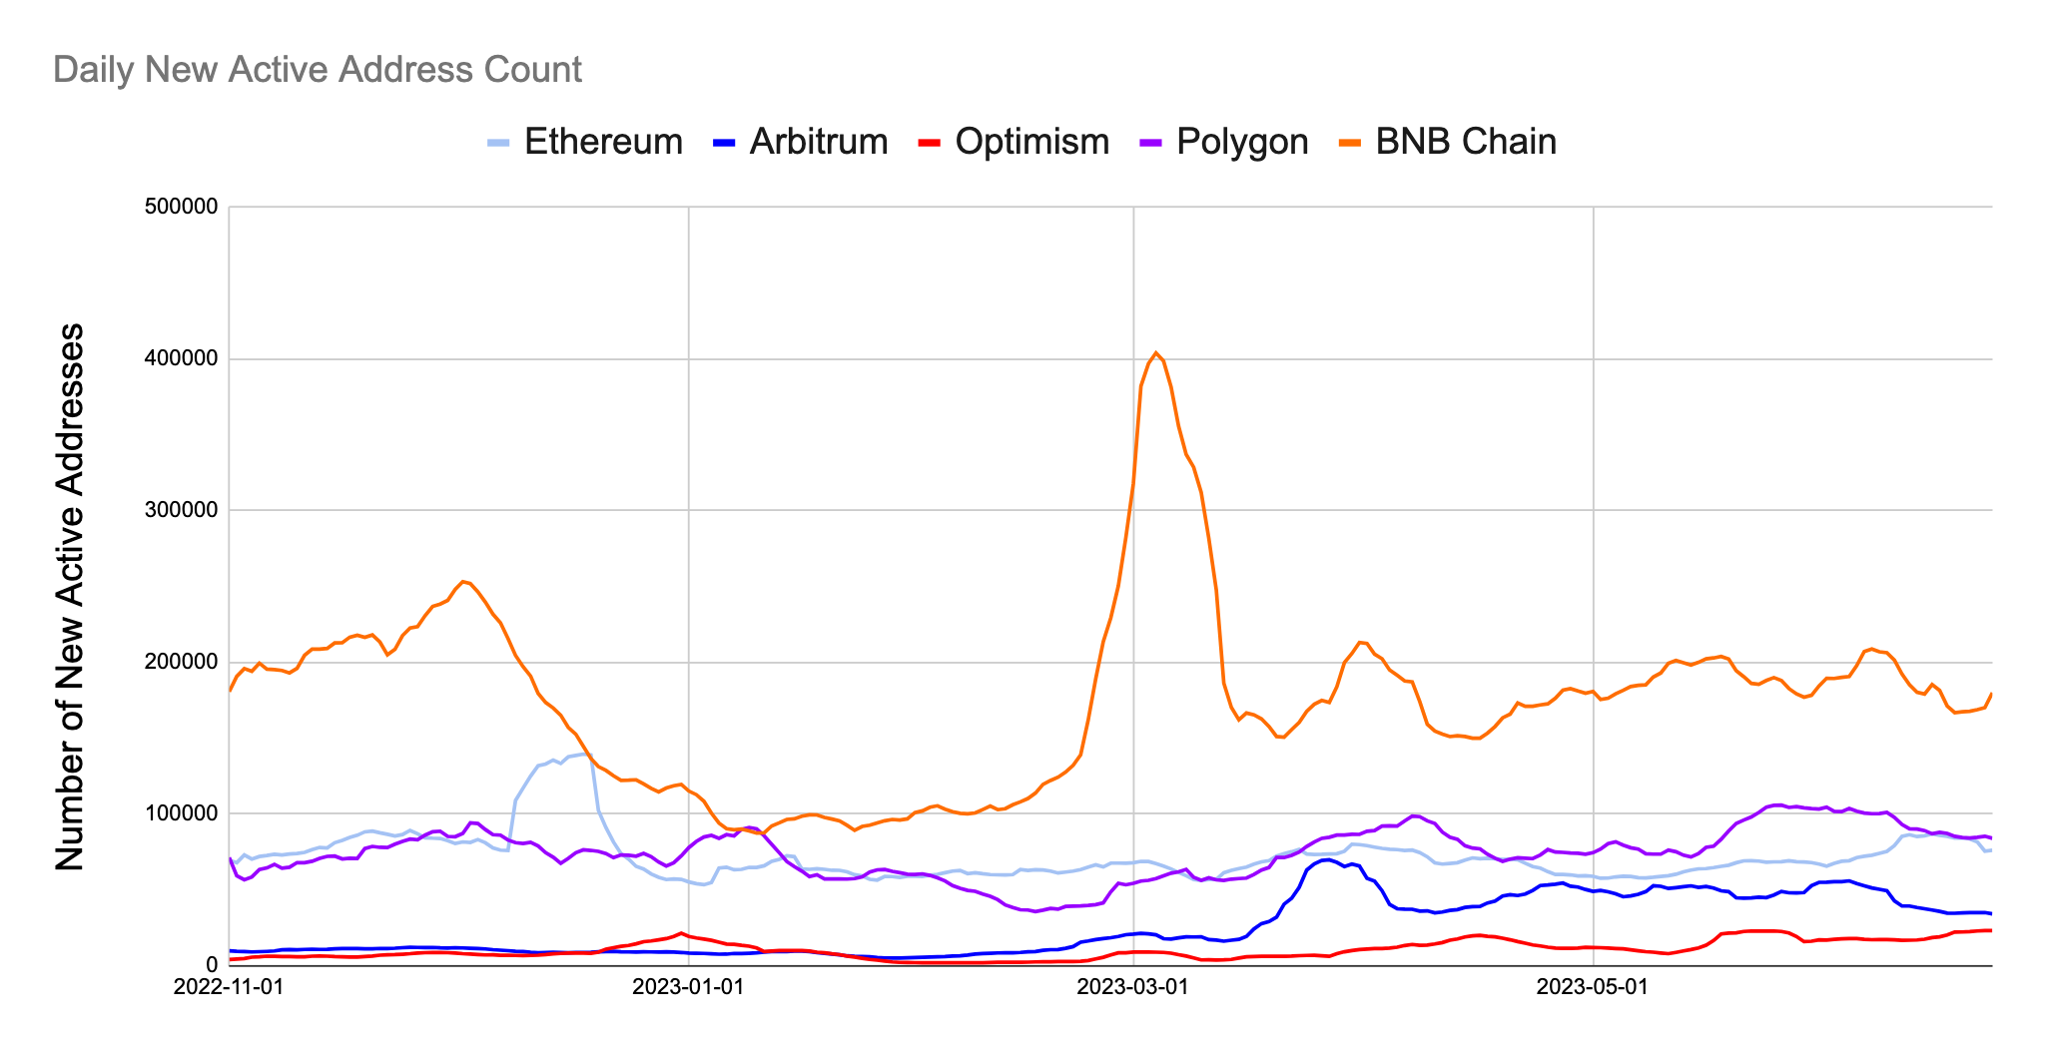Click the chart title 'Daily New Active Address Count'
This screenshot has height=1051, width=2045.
(x=317, y=70)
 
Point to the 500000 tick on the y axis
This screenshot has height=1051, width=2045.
(x=182, y=208)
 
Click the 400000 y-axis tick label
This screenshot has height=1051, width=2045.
(x=182, y=359)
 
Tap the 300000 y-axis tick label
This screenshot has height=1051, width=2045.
(x=182, y=511)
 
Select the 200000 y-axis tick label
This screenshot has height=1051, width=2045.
(x=182, y=663)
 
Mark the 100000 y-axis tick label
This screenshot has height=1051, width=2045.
(x=182, y=814)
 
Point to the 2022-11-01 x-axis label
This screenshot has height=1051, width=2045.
(x=229, y=987)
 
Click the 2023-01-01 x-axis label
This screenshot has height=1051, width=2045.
(x=688, y=987)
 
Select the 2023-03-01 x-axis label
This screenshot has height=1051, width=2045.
(x=1133, y=987)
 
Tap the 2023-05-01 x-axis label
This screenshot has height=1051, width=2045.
(x=1593, y=987)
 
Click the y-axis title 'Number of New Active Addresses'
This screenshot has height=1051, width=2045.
(x=70, y=597)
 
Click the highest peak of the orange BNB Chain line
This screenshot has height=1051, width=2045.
(x=1155, y=352)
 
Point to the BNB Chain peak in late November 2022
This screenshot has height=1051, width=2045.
(x=462, y=581)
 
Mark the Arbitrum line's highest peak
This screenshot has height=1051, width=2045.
(x=1326, y=859)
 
